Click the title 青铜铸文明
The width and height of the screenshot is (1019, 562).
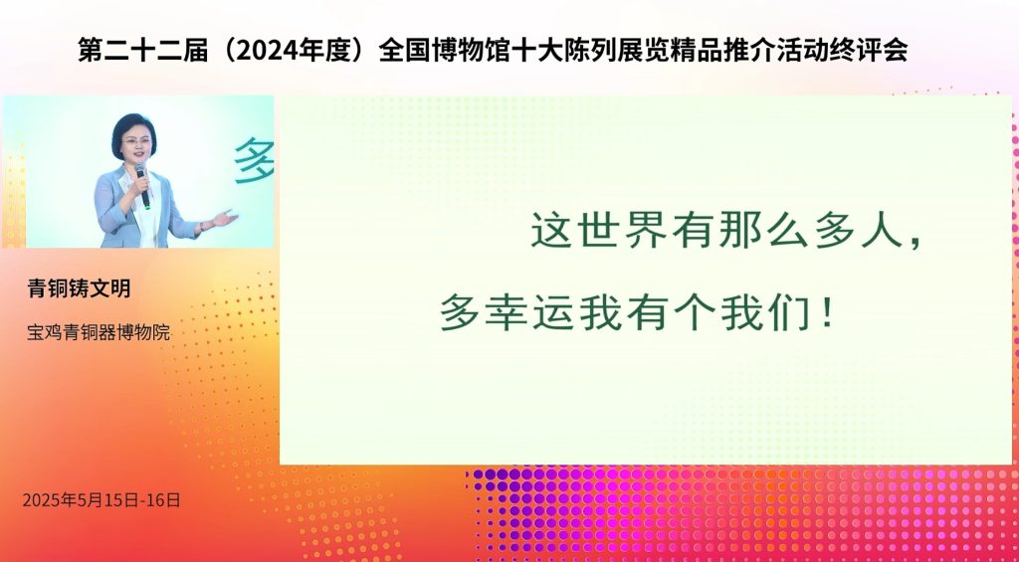[79, 287]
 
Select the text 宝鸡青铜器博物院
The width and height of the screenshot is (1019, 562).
[99, 332]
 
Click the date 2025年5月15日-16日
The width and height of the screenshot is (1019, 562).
[102, 500]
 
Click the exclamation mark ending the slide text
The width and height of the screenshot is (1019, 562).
[827, 312]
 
